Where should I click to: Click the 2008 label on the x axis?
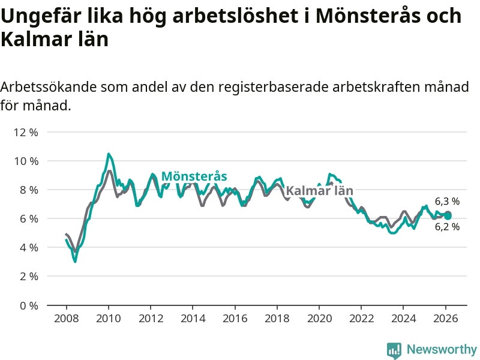pyautogui.click(x=66, y=319)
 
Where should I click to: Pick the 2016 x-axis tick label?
pyautogui.click(x=235, y=319)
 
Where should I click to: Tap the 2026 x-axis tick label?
pyautogui.click(x=446, y=319)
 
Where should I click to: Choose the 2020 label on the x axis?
pyautogui.click(x=319, y=319)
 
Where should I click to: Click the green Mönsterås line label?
pyautogui.click(x=194, y=176)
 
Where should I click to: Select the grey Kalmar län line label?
pyautogui.click(x=319, y=191)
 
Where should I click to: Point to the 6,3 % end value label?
pyautogui.click(x=447, y=202)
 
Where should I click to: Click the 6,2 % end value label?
pyautogui.click(x=447, y=227)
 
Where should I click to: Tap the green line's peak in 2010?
pyautogui.click(x=109, y=154)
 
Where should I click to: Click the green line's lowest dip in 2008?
pyautogui.click(x=75, y=261)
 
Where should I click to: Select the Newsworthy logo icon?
pyautogui.click(x=394, y=350)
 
